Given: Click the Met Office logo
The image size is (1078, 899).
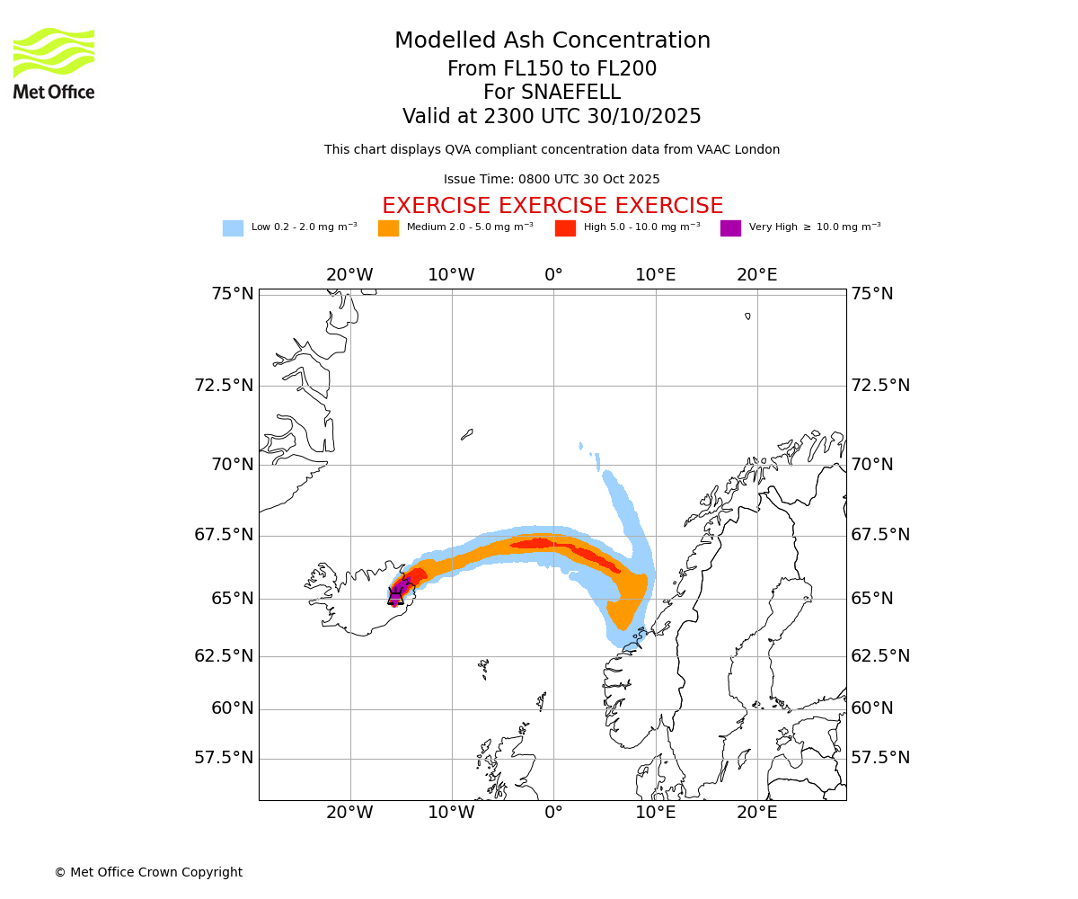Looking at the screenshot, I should tap(54, 63).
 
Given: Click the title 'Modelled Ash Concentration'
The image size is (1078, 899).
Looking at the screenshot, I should tap(552, 40).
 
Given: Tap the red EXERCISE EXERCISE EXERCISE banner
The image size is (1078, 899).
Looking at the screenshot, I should tap(552, 206).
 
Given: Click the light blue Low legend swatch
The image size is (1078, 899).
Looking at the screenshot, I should tap(233, 228).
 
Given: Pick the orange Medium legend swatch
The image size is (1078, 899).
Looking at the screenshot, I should tap(388, 228).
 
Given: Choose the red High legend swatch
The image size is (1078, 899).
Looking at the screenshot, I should tap(565, 228).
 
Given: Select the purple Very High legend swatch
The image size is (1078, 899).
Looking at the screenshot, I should tap(730, 228).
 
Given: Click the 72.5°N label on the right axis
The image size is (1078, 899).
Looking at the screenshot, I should tap(880, 386).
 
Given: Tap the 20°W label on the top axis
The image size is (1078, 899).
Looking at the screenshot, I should tap(349, 275).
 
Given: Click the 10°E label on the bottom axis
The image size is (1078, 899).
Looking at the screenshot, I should tap(656, 813).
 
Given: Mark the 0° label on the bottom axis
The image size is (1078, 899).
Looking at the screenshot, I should tap(553, 813).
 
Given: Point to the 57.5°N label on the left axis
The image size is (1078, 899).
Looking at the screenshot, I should tap(224, 758).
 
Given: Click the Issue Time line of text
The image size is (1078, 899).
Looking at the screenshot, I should tap(552, 179).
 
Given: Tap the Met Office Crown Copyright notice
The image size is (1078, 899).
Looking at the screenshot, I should tap(148, 872).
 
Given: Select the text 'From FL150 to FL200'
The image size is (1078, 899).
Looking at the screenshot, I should tap(552, 69).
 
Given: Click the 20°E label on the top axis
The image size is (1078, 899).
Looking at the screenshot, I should tap(757, 275).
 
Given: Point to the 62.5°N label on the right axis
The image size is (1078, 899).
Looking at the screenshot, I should tap(880, 656).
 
